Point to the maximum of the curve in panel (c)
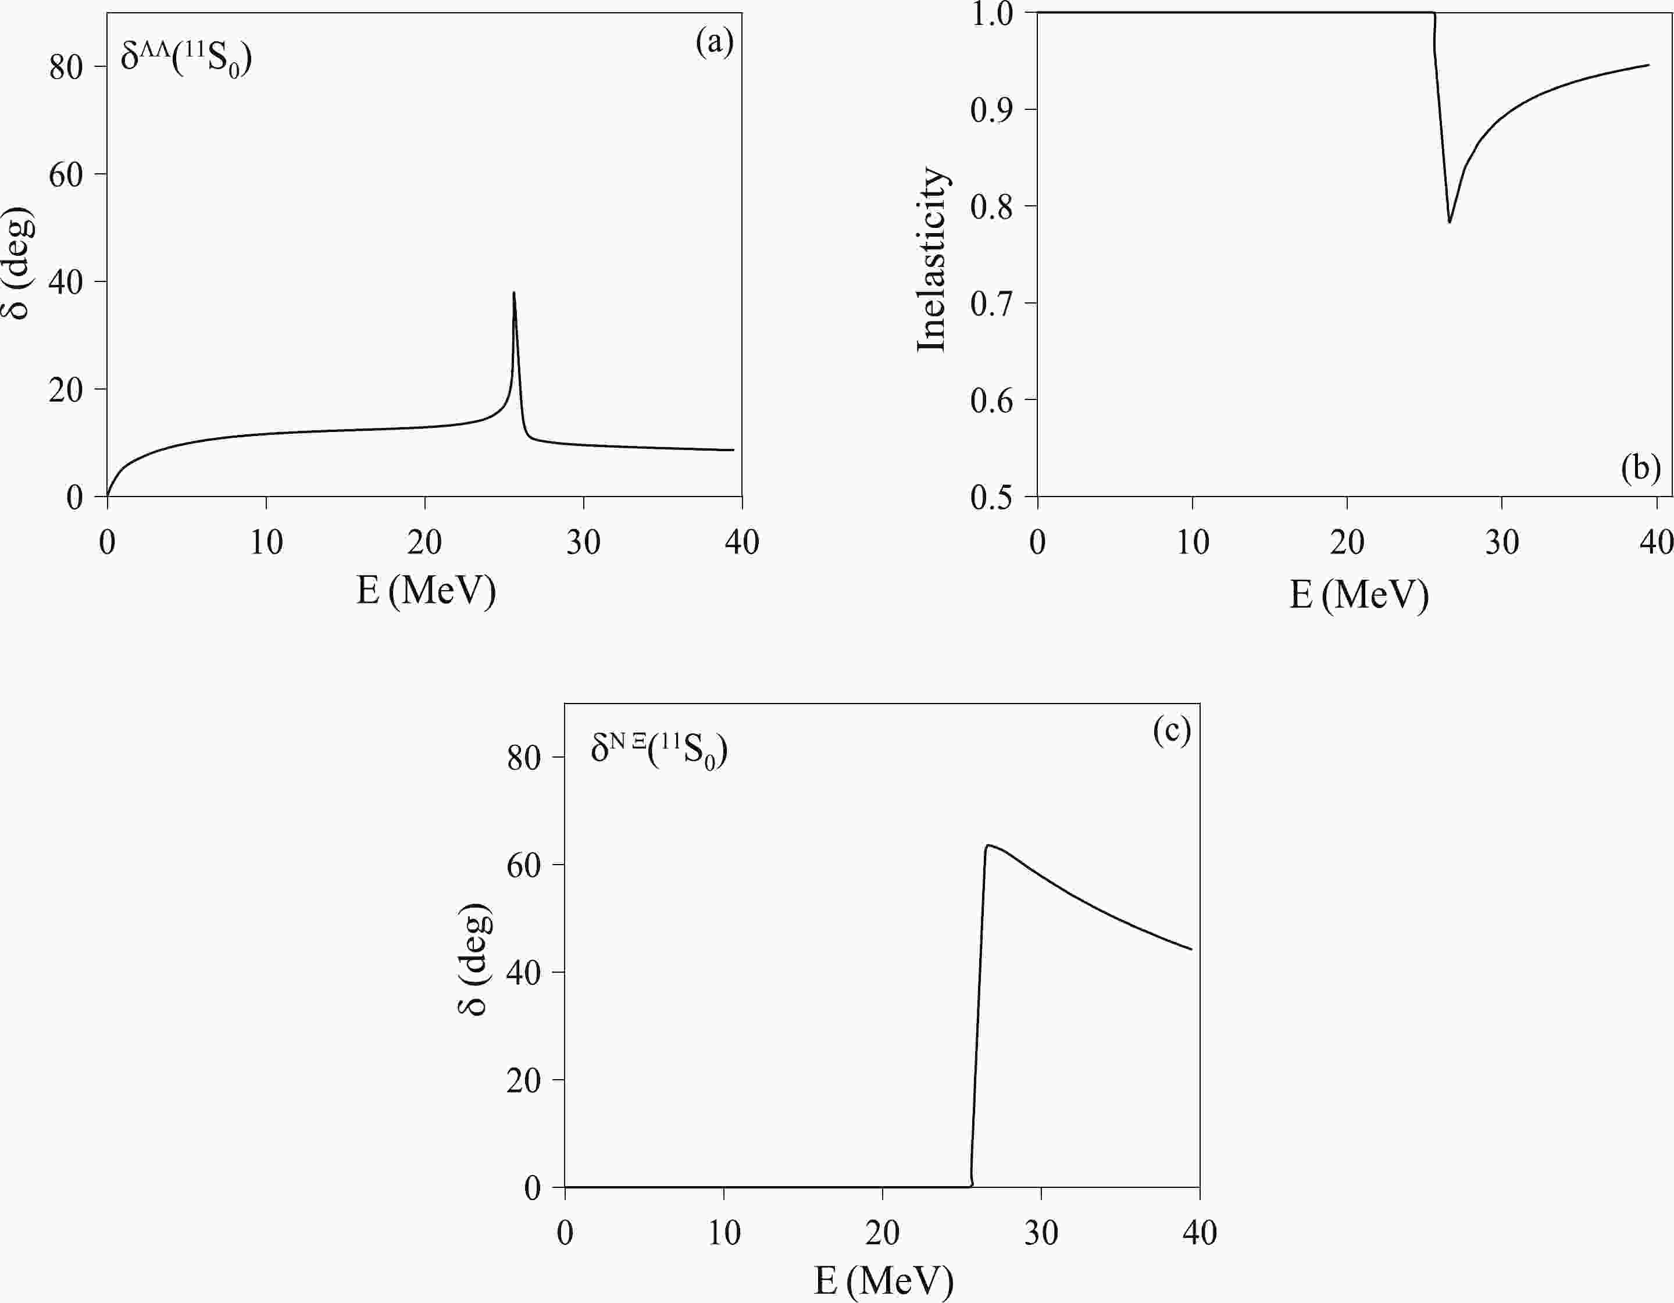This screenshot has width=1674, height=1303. (x=988, y=845)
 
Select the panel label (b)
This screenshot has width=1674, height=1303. (x=1640, y=467)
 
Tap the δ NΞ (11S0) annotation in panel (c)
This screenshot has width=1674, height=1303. (x=658, y=749)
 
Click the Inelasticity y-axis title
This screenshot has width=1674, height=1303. (x=932, y=259)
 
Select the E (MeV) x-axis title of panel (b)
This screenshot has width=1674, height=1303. (x=1359, y=594)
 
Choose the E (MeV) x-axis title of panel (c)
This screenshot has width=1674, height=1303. (x=883, y=1280)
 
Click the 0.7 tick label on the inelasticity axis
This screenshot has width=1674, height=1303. (x=991, y=304)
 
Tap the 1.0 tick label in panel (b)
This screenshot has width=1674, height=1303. (x=991, y=14)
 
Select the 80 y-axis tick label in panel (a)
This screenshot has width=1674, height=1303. (x=66, y=67)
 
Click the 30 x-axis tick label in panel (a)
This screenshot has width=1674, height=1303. (x=583, y=542)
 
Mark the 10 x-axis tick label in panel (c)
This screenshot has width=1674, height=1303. (x=723, y=1233)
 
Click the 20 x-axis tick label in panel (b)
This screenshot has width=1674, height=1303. (x=1347, y=542)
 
